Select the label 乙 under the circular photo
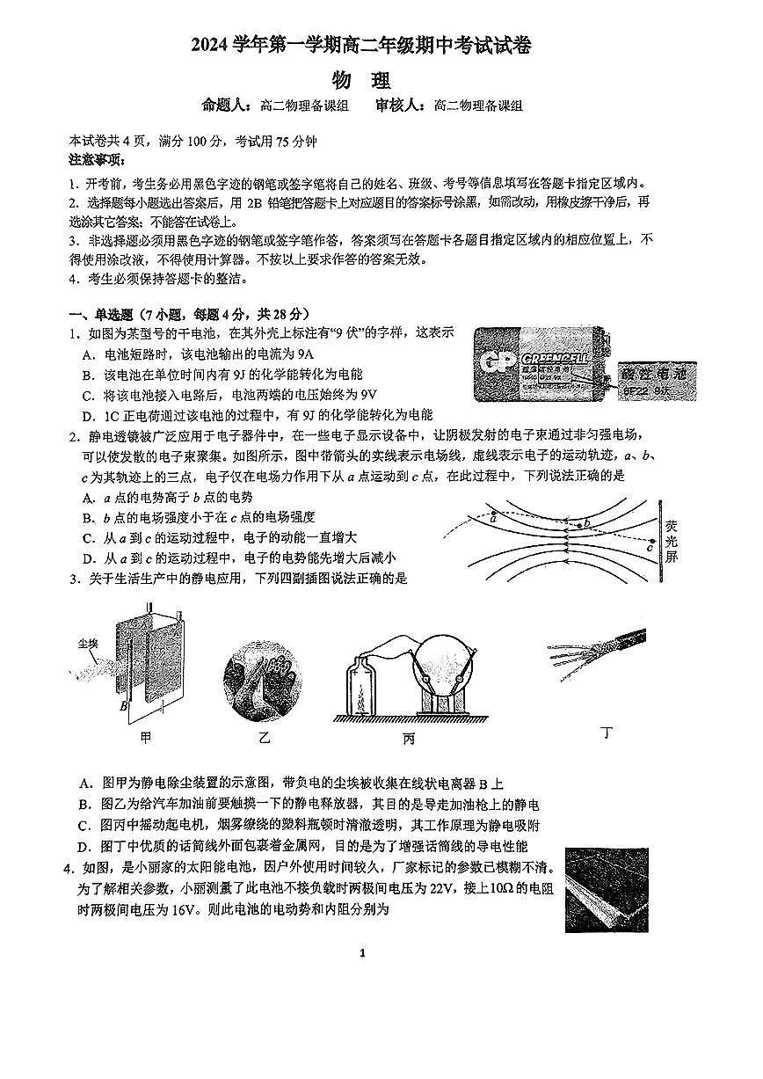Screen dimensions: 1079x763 coord(264,737)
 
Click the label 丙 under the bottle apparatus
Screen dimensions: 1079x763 coord(408,739)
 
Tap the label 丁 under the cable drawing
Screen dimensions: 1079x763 coord(605,732)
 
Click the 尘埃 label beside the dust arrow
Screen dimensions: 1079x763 coord(86,644)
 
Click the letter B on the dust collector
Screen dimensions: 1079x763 coord(123,704)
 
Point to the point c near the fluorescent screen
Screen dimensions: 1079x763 coord(649,548)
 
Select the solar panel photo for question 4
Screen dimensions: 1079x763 coord(607,889)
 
